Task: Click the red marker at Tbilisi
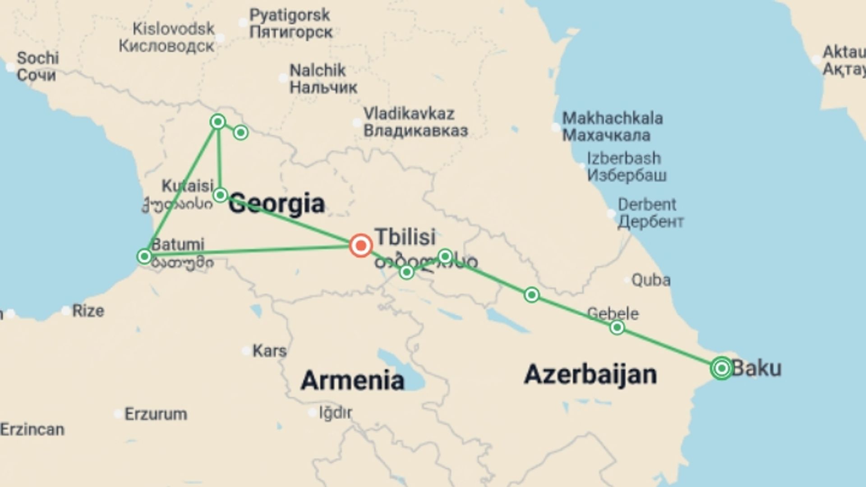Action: [361, 246]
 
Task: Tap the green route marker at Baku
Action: [721, 368]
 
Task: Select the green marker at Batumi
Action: [144, 257]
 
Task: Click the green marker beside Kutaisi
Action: [220, 195]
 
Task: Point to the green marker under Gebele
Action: [617, 327]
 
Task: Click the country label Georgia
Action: [276, 203]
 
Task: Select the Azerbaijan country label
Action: [590, 375]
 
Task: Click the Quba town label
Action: [650, 280]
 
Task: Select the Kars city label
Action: [269, 351]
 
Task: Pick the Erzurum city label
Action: [156, 414]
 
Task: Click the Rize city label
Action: [88, 311]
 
